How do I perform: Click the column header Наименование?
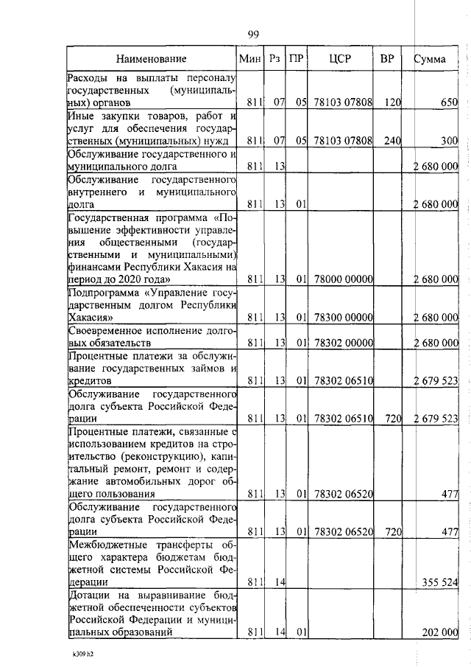pos(151,58)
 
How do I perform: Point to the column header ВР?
pos(387,58)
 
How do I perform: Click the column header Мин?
pos(250,58)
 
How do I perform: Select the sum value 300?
pos(450,140)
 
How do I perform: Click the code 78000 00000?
pos(343,279)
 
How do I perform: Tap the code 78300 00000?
pos(343,317)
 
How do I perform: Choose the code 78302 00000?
pos(343,343)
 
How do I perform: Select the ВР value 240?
pos(392,140)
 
